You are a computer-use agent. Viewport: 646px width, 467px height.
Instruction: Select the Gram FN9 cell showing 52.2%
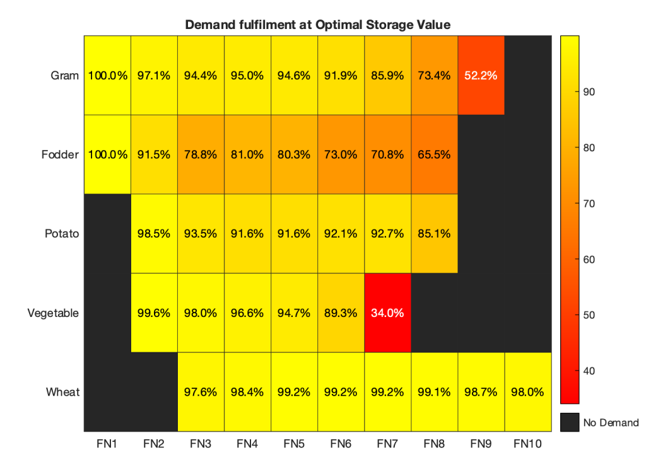[481, 76]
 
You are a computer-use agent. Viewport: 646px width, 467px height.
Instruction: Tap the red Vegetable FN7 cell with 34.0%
[387, 312]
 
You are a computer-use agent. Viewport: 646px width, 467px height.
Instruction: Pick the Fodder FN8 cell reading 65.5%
[434, 154]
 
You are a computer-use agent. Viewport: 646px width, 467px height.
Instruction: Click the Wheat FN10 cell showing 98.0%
[527, 391]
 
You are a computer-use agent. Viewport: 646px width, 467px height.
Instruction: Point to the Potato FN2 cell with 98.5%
[154, 233]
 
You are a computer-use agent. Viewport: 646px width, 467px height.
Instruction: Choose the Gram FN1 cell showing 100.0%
[107, 76]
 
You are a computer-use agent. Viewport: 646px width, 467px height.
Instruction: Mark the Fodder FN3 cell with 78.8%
[201, 154]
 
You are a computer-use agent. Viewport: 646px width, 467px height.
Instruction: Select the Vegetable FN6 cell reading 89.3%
[341, 312]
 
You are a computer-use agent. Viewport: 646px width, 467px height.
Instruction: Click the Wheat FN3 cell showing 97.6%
[201, 391]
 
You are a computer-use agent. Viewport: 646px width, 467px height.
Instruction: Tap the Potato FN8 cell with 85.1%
[434, 233]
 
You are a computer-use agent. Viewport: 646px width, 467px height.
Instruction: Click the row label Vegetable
[54, 313]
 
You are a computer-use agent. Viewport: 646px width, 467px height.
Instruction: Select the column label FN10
[527, 444]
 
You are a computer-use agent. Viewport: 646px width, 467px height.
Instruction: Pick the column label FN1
[107, 444]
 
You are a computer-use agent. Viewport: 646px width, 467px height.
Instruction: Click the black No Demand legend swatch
[570, 422]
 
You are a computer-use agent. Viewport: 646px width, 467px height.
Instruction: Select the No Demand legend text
[611, 423]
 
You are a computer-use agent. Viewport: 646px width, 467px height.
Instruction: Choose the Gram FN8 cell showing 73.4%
[434, 76]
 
